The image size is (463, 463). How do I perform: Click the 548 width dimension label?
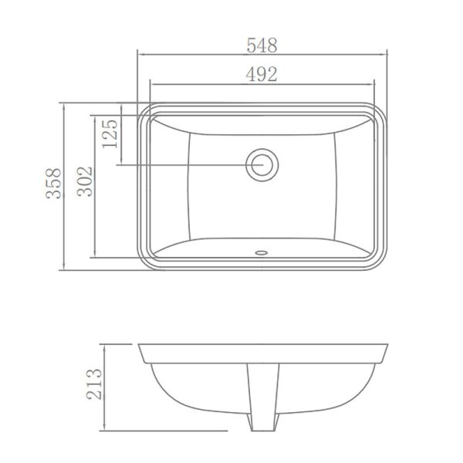tap(262, 45)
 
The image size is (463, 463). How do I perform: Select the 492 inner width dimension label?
tap(262, 74)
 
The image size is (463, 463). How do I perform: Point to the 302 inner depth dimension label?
tap(84, 182)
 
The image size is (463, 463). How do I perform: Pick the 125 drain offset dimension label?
tap(109, 133)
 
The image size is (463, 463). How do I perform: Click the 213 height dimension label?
tap(93, 384)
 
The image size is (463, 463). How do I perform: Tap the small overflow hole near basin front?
tap(262, 251)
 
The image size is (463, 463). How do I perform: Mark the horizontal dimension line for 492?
tap(201, 84)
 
